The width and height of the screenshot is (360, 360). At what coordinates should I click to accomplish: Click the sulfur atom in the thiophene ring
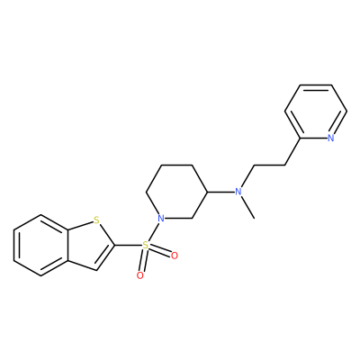pos(96,220)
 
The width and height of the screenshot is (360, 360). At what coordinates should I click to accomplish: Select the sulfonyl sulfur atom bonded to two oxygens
pos(145,246)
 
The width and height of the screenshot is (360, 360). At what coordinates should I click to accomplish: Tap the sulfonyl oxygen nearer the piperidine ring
pos(174,256)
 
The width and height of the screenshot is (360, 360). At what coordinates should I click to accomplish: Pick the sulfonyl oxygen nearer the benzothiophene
pos(139,275)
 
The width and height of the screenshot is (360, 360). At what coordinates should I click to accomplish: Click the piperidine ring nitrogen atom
pos(161,218)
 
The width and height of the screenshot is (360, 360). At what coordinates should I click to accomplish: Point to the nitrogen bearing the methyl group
pos(238,192)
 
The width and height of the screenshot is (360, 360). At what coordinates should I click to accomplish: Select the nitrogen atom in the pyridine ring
pos(330,138)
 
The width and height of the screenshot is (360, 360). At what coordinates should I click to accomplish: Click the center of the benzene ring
pos(41,245)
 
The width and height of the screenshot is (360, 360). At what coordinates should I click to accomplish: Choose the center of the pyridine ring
pos(316,112)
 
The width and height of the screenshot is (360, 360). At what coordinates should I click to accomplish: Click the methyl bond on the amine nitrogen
pos(247,208)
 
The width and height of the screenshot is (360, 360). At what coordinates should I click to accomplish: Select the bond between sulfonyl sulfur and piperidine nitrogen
pos(153,231)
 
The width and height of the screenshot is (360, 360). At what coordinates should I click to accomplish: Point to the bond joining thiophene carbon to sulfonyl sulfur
pos(128,246)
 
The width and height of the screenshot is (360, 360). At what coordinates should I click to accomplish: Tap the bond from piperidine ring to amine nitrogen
pos(220,192)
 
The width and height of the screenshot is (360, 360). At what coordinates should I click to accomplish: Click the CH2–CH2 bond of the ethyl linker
pos(269,165)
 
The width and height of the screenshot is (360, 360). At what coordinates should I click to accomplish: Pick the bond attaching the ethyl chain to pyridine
pos(292,151)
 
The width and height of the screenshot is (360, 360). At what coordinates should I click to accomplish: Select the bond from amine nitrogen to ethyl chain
pos(247,176)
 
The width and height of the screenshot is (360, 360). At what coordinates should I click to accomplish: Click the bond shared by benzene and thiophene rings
pos(68,245)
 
